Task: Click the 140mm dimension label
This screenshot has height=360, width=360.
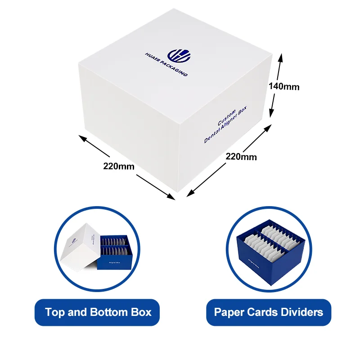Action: coord(284,86)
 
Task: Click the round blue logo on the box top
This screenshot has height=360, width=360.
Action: coord(179,56)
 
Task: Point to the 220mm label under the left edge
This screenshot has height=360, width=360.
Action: coord(119,166)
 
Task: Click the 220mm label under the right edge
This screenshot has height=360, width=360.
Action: coord(241,157)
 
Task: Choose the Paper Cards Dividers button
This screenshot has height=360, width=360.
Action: coord(269,312)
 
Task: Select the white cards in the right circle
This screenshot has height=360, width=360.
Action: coord(274,241)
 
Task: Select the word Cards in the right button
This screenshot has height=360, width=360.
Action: coord(261,312)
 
